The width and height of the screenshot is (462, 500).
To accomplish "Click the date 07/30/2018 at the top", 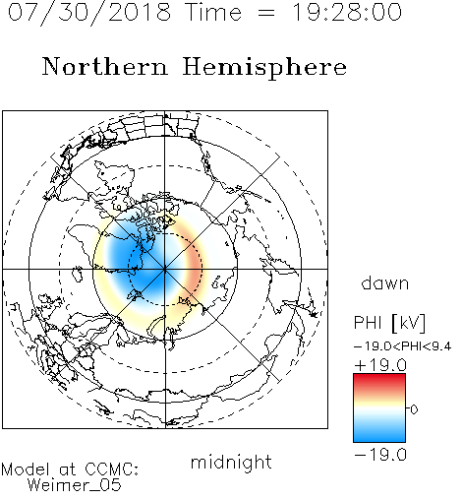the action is coord(89,13).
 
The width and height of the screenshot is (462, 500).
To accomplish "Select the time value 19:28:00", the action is coord(347,12).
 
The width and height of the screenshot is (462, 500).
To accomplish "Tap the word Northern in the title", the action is coord(105,66).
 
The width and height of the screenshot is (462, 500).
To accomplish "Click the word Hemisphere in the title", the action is coord(264,68).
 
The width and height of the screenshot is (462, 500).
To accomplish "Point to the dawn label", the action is coord(385,282).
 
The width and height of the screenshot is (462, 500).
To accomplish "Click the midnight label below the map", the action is coord(231,463).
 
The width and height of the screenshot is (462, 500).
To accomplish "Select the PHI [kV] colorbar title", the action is coord(389,323).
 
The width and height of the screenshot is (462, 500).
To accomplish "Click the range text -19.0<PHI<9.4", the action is coord(403,346).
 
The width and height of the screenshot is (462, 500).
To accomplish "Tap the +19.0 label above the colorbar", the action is coord(380,365).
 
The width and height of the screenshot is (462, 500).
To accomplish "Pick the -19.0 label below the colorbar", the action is coord(380,455).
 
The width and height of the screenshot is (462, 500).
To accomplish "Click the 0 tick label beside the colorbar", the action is coord(414,409).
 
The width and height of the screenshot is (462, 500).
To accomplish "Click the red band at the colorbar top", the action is coord(379,381).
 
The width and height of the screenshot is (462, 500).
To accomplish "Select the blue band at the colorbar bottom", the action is coord(379,434).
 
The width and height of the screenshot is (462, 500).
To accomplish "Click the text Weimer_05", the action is coord(75,485).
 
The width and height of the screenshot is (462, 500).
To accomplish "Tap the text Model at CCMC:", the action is coord(70,469).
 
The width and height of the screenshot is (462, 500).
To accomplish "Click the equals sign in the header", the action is coord(266,13).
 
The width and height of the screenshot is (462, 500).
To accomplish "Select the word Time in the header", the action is coord(213,12).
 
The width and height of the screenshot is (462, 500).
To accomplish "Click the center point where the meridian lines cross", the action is coord(165,269).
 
